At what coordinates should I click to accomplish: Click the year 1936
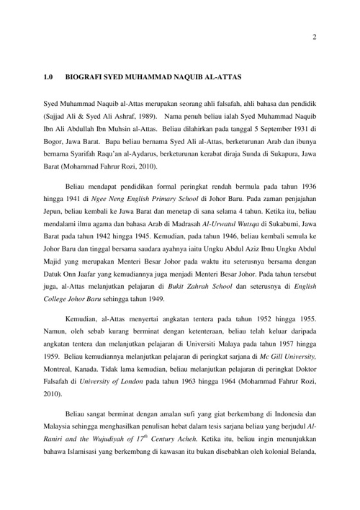click(x=305, y=186)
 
